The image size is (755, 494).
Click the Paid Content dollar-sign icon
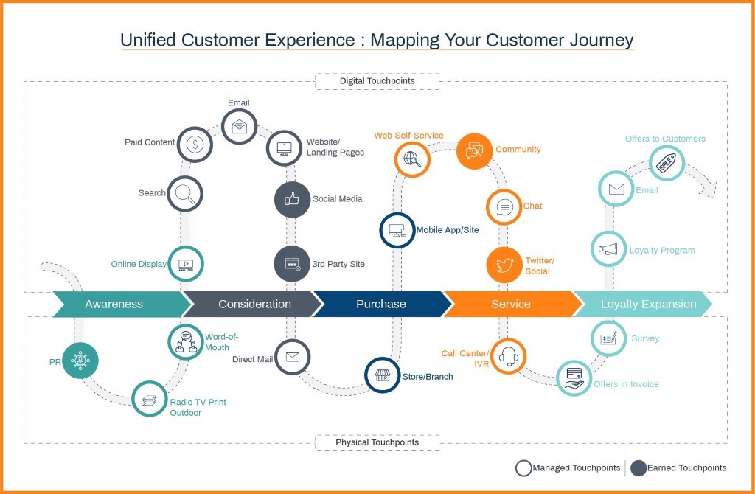pyautogui.click(x=195, y=144)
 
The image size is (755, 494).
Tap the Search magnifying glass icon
pyautogui.click(x=184, y=194)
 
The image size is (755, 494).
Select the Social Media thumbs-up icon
pyautogui.click(x=292, y=199)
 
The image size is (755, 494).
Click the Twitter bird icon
pyautogui.click(x=504, y=265)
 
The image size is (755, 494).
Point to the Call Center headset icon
pyautogui.click(x=508, y=356)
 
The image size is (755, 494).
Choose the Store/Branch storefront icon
pyautogui.click(x=383, y=375)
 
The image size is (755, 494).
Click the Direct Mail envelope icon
pyautogui.click(x=292, y=358)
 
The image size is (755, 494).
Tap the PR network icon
pyautogui.click(x=80, y=361)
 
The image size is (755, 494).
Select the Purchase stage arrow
pyautogui.click(x=380, y=304)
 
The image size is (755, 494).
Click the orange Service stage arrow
pyautogui.click(x=510, y=304)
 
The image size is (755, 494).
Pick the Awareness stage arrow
pyautogui.click(x=114, y=304)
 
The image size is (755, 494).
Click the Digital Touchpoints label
pyautogui.click(x=377, y=80)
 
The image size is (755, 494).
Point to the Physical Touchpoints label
pyautogui.click(x=377, y=442)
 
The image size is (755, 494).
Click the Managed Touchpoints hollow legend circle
pyautogui.click(x=523, y=467)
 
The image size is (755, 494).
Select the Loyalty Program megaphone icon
pyautogui.click(x=608, y=249)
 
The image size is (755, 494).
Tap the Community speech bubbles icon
pyautogui.click(x=474, y=150)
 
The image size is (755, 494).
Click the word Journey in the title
pyautogui.click(x=594, y=39)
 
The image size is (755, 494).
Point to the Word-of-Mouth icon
pyautogui.click(x=186, y=341)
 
